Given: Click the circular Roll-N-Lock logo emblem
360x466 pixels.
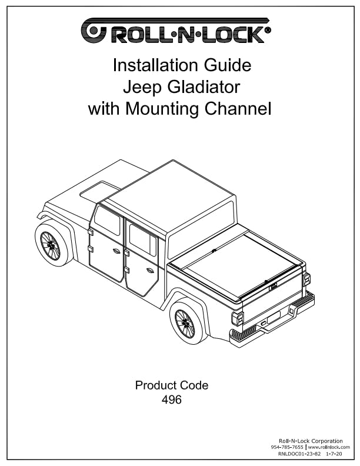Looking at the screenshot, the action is pos(94,31).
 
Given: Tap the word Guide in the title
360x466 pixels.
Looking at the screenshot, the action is pos(228,65).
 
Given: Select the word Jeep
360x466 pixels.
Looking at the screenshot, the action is pos(142,88).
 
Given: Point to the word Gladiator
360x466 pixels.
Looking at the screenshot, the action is pos(204,86).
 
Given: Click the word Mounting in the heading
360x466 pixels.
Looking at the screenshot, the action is pos(162,109).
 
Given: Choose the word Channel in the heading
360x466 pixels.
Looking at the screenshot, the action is pos(238,108).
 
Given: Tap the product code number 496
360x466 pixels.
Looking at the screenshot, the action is pos(171,400).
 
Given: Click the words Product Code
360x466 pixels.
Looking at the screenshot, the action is pos(172,385).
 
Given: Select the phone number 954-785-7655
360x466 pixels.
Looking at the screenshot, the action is pos(287,447).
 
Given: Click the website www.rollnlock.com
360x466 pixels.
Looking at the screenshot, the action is pos(329,447).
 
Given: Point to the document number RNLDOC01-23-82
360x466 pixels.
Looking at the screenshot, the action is pos(299,454).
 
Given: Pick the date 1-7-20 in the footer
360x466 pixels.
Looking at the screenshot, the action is pos(334,454).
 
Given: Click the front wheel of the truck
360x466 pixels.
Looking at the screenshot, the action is pos(51,245).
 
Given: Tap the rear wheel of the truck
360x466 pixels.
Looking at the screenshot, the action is pos(185,324).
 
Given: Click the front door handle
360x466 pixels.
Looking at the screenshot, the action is pos(116,251).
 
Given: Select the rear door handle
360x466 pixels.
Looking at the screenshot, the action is pos(150,270).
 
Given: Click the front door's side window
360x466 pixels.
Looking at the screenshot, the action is pos(107,220).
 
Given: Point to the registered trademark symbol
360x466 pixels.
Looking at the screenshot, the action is pos(268,30).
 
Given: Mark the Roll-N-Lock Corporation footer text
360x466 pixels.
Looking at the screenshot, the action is pos(311,441).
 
